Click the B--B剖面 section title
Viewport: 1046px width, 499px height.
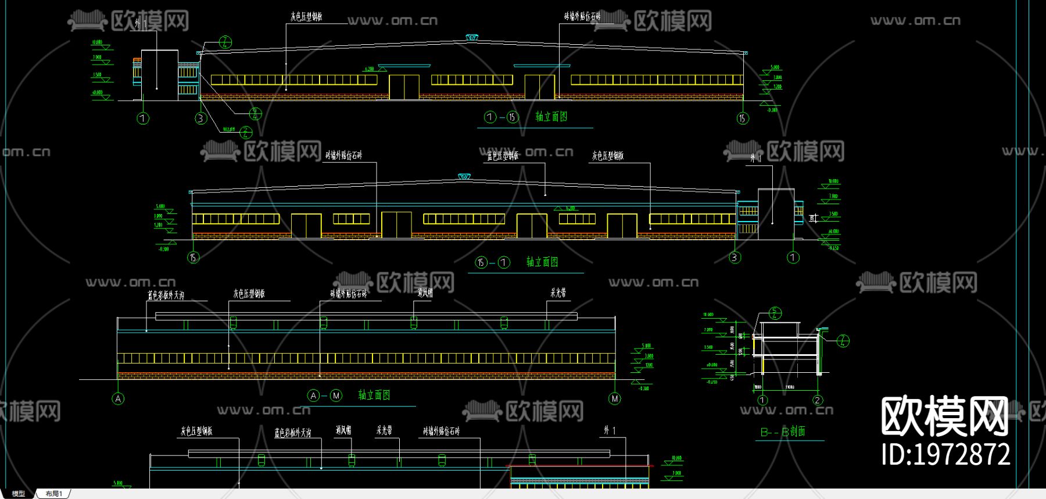(783, 432)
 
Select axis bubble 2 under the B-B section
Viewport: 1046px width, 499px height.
(818, 400)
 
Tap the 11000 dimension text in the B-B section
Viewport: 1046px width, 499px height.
(790, 387)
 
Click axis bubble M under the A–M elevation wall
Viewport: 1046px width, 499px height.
(615, 398)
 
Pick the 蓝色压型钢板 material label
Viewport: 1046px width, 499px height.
(503, 156)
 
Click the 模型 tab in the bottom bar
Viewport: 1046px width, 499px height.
(19, 494)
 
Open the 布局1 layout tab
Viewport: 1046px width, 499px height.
(54, 494)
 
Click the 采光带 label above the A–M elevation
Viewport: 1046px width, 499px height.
(558, 293)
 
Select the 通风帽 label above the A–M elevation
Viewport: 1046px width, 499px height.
(425, 293)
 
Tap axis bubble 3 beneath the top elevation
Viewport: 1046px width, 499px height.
(200, 119)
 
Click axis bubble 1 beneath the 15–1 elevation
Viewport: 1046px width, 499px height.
(793, 257)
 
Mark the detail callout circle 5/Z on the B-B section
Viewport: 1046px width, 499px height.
(775, 313)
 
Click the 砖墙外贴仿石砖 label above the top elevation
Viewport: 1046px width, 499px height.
(582, 17)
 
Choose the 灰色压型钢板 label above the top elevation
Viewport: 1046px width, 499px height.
(306, 17)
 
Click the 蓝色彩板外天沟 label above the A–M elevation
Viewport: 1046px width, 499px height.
(166, 295)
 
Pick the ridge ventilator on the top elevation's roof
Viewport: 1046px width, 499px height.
(472, 38)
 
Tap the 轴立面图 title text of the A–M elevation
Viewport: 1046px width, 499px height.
(374, 395)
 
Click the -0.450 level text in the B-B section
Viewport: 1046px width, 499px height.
(711, 382)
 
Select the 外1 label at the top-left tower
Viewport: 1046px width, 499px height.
(141, 24)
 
